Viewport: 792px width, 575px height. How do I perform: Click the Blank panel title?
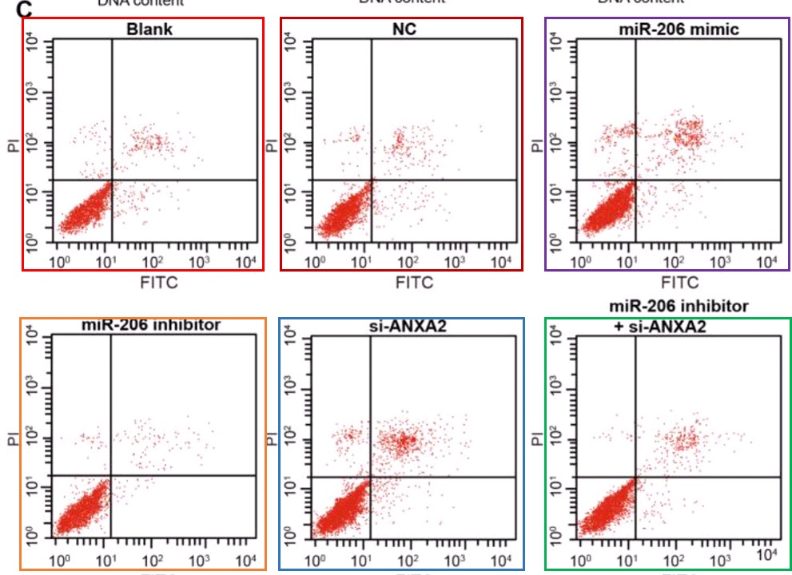pos(149,30)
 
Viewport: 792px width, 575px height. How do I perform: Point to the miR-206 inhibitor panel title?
pos(151,325)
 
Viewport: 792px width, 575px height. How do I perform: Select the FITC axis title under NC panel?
pos(414,282)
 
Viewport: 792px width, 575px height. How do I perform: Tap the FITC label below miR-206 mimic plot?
pos(679,282)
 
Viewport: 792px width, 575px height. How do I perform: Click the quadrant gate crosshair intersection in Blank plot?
pos(112,181)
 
